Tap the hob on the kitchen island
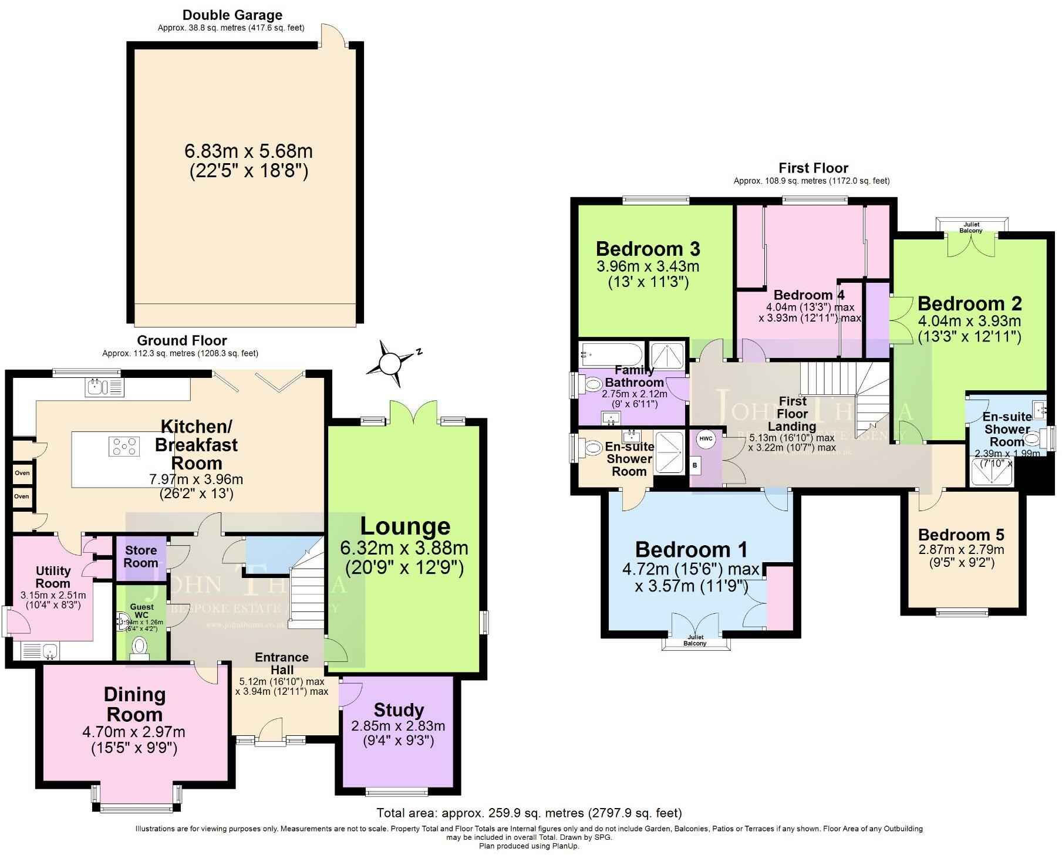tap(124, 446)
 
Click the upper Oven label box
tap(22, 473)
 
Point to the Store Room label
tap(141, 556)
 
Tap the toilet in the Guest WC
tap(140, 646)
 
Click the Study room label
tap(398, 710)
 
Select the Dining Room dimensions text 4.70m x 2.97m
tap(134, 732)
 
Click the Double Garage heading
tap(232, 15)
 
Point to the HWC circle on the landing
tap(706, 438)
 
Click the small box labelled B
tap(696, 465)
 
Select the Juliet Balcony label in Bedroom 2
tap(971, 228)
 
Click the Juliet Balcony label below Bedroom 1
tap(695, 640)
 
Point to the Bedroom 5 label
tap(961, 535)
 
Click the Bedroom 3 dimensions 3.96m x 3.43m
tap(648, 266)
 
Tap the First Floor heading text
tap(813, 168)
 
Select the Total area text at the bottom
tap(528, 813)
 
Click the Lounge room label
tap(405, 526)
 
